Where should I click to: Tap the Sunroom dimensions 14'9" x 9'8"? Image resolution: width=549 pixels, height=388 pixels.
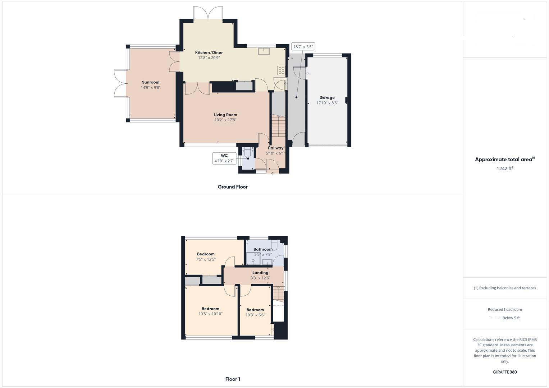click(x=150, y=87)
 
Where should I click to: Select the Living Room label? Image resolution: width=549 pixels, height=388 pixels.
click(x=225, y=115)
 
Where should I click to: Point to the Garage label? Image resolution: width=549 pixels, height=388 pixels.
click(x=327, y=97)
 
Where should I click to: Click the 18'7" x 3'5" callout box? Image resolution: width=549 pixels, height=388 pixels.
click(x=303, y=47)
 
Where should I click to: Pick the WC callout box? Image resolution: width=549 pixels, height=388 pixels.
click(x=224, y=158)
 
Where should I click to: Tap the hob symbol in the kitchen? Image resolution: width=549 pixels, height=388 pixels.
click(x=281, y=70)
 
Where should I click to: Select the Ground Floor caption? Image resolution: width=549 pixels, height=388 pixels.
click(x=232, y=187)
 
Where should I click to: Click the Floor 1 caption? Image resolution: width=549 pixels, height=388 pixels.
click(x=233, y=379)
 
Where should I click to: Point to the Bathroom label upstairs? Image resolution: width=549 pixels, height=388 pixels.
click(x=263, y=249)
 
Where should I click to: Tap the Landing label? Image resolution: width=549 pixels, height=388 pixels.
click(x=260, y=273)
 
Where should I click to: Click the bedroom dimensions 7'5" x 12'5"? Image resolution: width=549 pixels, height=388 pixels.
click(x=206, y=259)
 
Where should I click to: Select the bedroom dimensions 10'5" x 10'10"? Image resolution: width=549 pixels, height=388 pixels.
click(x=210, y=314)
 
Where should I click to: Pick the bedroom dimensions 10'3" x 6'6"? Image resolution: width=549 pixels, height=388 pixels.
click(x=255, y=315)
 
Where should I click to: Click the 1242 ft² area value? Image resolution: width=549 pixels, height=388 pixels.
click(x=505, y=168)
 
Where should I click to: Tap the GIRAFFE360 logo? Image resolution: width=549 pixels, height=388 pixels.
click(x=505, y=372)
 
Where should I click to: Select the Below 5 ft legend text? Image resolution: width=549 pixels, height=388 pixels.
click(x=511, y=318)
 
